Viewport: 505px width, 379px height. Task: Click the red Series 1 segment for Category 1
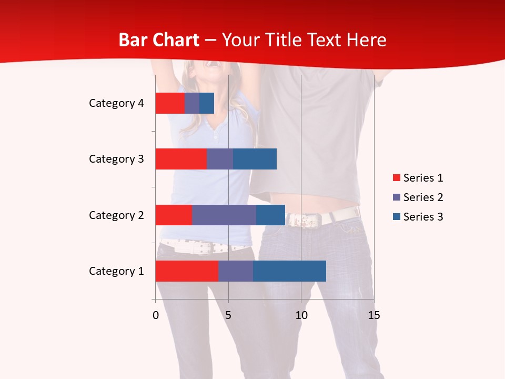[186, 271]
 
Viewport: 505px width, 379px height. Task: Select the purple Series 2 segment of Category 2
[224, 215]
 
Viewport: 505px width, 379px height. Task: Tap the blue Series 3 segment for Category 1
[289, 271]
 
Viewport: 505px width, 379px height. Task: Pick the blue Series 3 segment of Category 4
[207, 103]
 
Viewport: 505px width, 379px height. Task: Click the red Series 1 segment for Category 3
[181, 159]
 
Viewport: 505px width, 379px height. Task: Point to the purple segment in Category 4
[192, 103]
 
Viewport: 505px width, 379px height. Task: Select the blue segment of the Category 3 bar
[255, 159]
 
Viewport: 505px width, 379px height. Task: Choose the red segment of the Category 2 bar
[174, 215]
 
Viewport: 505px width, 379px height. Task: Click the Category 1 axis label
[116, 271]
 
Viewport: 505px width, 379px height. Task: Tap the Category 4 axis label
[116, 103]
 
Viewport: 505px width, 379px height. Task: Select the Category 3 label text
[116, 159]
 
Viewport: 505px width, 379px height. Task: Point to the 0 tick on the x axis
[156, 315]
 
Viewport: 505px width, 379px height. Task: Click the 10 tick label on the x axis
[301, 315]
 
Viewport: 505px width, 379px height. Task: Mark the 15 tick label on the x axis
[373, 315]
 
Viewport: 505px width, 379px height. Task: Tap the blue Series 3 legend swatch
[396, 217]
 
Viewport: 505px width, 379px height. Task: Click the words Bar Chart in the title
[159, 40]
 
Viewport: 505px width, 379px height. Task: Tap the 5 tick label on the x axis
[228, 315]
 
